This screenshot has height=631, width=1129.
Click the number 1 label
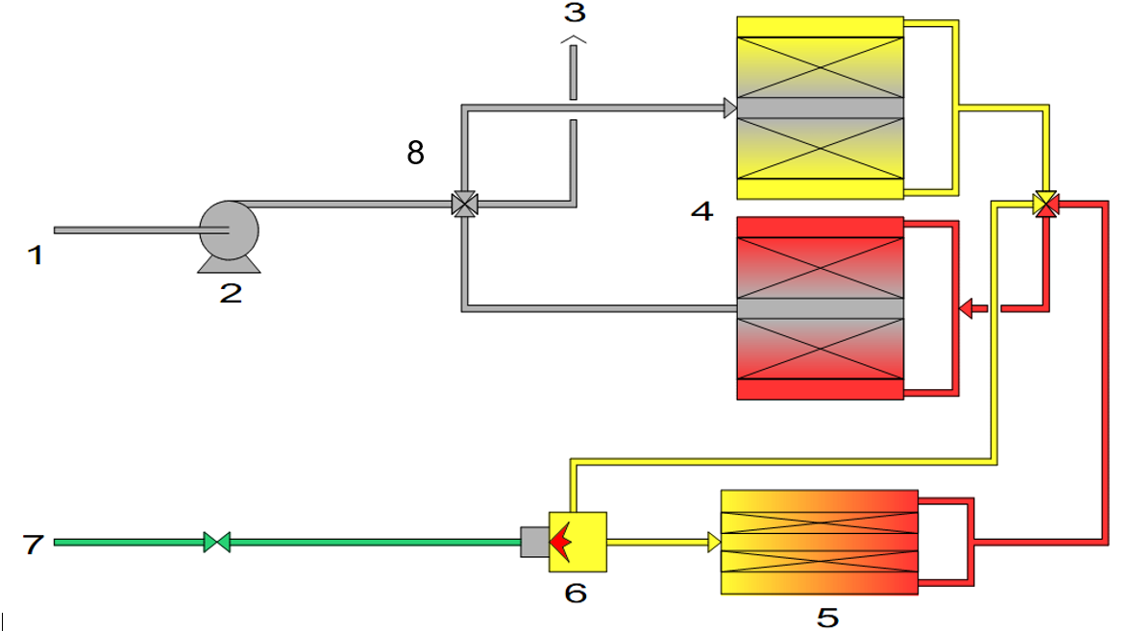pyautogui.click(x=36, y=255)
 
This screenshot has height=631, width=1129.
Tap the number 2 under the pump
pyautogui.click(x=231, y=293)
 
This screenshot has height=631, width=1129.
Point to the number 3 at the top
pyautogui.click(x=575, y=12)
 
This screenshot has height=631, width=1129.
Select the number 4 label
pyautogui.click(x=702, y=210)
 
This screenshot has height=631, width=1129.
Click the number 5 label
pyautogui.click(x=828, y=618)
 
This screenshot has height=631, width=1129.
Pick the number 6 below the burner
pyautogui.click(x=576, y=593)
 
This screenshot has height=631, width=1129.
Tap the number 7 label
pyautogui.click(x=33, y=544)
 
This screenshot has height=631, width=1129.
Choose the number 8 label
pyautogui.click(x=415, y=153)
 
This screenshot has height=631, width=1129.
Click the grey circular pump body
pyautogui.click(x=229, y=231)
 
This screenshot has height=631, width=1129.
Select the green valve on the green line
pyautogui.click(x=217, y=542)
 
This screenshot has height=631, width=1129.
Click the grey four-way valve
pyautogui.click(x=464, y=205)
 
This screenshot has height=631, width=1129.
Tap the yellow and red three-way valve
pyautogui.click(x=1045, y=205)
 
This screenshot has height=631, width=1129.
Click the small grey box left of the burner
pyautogui.click(x=535, y=542)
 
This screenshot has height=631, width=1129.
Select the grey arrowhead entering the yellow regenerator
pyautogui.click(x=730, y=109)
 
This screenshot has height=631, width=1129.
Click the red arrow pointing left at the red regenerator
pyautogui.click(x=973, y=308)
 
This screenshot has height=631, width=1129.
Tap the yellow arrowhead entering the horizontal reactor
pyautogui.click(x=714, y=542)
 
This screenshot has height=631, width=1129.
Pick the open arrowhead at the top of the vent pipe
pyautogui.click(x=574, y=39)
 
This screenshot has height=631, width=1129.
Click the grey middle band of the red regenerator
pyautogui.click(x=821, y=308)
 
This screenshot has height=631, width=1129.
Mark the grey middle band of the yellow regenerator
pyautogui.click(x=821, y=108)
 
